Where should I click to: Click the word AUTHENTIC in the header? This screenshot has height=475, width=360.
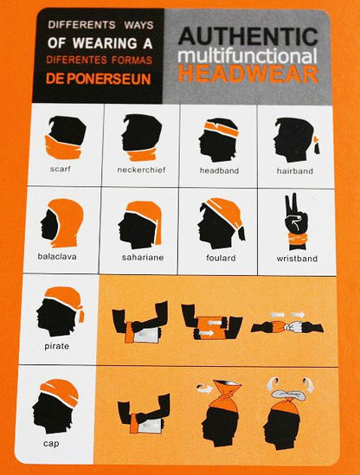248,36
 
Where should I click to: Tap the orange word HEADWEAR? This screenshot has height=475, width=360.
248,74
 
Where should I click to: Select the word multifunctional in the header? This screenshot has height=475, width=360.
247,55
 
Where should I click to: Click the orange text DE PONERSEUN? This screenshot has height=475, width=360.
98,79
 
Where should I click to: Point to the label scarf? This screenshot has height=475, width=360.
61,169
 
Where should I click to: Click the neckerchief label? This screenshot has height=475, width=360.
142,170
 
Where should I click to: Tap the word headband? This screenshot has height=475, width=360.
219,170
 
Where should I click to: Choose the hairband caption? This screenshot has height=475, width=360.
294,170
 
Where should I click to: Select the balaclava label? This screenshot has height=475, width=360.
57,256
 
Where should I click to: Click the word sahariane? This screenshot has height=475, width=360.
143,257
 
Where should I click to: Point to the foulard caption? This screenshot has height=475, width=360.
221,258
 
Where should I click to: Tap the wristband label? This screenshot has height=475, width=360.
297,259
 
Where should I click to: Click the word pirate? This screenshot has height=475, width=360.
56,346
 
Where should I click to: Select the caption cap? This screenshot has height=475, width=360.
51,444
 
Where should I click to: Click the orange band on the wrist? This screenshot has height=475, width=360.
297,240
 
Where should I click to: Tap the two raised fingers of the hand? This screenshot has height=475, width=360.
292,203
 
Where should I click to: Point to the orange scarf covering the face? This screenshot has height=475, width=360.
64,148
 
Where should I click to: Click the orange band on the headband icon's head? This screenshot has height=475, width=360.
222,128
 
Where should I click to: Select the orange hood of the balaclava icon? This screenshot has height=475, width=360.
67,221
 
